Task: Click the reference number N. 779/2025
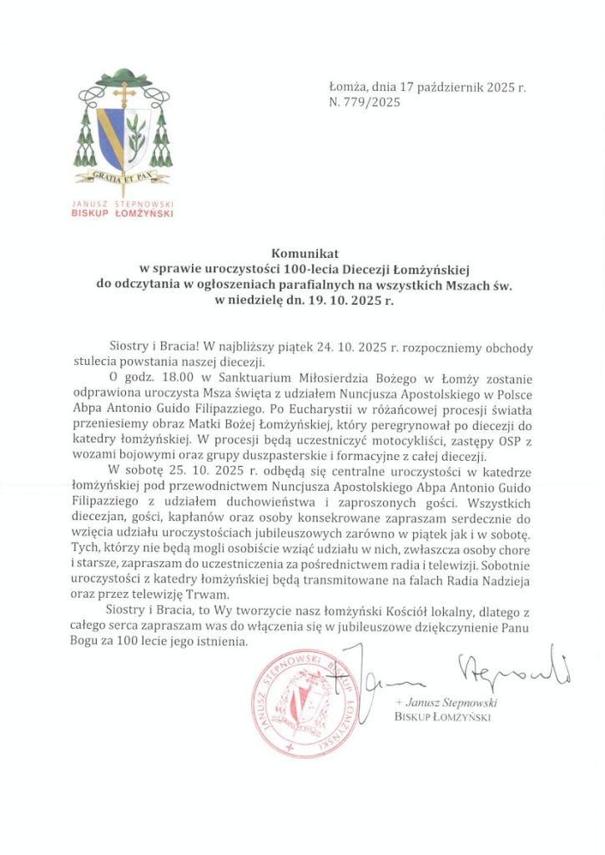365,104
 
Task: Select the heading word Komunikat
302,253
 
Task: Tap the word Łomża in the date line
346,87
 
